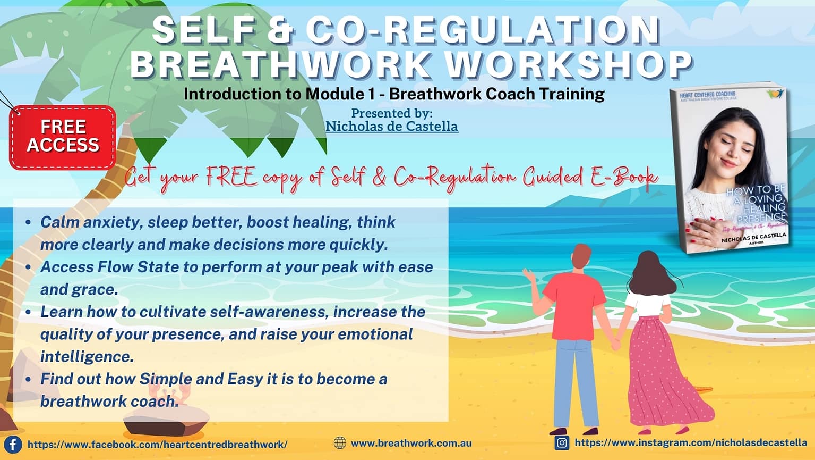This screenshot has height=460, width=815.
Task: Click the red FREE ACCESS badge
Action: tap(63, 137)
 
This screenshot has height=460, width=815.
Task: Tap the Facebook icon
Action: tap(13, 444)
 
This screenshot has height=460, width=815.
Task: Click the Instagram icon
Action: tap(562, 442)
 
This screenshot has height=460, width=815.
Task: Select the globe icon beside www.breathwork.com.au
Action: tap(340, 443)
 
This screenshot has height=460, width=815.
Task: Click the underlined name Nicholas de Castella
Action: tap(391, 127)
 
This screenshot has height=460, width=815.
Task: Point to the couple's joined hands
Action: tap(616, 345)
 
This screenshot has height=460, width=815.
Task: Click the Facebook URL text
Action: tap(157, 445)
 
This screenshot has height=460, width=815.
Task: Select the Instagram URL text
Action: tap(691, 442)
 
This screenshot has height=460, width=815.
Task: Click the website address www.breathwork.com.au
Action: tap(411, 443)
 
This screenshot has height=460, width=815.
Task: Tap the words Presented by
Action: tap(392, 113)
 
